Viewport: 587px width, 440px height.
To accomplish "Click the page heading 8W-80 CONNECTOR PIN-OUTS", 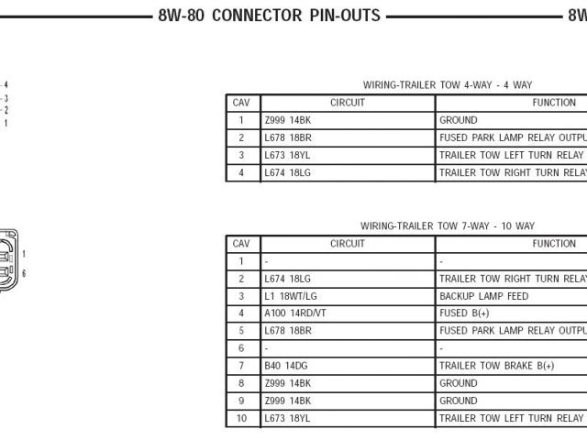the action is [x=269, y=16].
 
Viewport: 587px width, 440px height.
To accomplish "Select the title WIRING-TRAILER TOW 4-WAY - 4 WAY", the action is [x=447, y=84].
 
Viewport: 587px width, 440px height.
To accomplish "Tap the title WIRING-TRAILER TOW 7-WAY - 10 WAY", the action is [x=447, y=225].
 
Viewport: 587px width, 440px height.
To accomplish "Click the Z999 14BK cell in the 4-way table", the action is [x=287, y=120].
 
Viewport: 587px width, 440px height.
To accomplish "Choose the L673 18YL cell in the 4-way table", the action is [x=287, y=155].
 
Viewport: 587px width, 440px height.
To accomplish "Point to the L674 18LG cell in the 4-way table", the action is [x=287, y=172].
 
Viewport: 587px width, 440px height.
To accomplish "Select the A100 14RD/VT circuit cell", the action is [x=295, y=313].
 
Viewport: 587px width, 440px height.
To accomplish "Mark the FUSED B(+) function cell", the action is [x=465, y=313].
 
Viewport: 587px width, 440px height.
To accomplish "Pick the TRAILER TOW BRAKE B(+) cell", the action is [x=496, y=366].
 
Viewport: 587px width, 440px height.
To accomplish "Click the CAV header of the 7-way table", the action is [x=241, y=244].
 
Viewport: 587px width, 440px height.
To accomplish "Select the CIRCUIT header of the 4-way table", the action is [x=347, y=103].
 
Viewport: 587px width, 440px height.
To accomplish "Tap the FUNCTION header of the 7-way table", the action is [x=554, y=244].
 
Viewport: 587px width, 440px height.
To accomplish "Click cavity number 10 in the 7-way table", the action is [x=241, y=418].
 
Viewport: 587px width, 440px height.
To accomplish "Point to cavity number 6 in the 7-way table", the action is [x=241, y=348].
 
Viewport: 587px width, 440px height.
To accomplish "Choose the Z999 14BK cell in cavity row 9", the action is [x=287, y=401].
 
